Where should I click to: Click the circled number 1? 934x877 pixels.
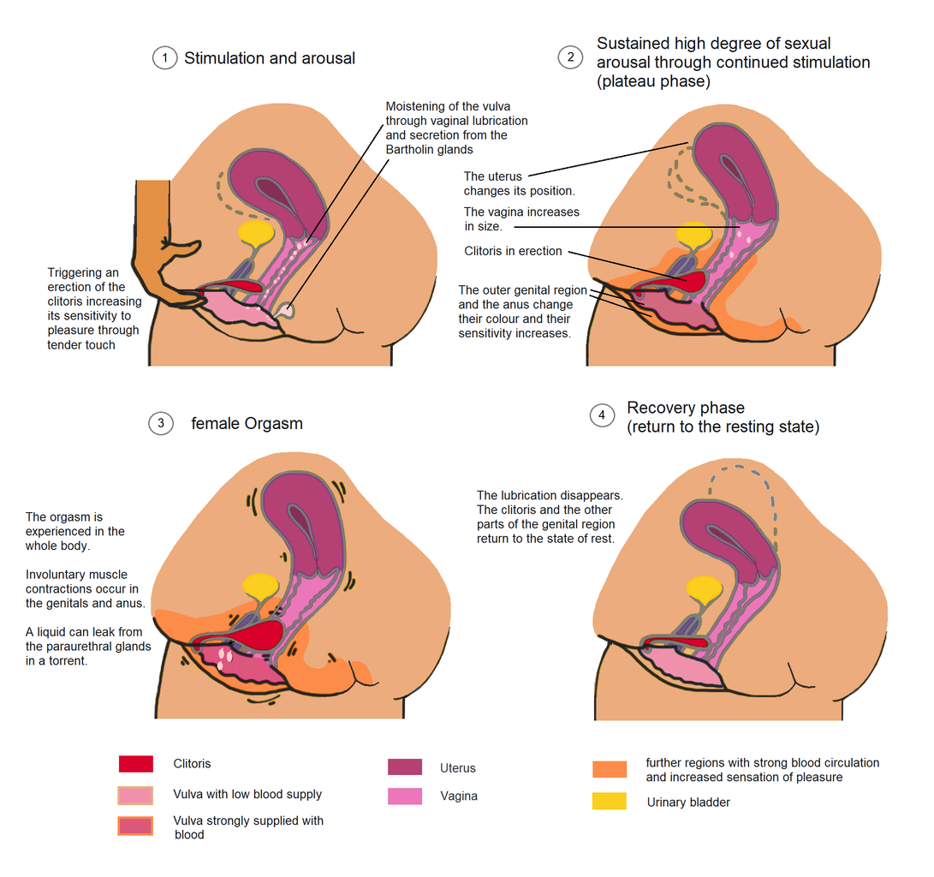[x=164, y=58]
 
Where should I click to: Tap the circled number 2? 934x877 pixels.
[x=569, y=57]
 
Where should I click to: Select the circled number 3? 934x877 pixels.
[x=160, y=423]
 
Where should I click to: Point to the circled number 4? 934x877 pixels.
[x=602, y=415]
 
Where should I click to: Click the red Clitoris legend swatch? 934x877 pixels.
[x=136, y=764]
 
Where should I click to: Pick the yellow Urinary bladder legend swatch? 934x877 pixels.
[x=609, y=802]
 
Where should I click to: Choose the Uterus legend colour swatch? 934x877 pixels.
[x=405, y=767]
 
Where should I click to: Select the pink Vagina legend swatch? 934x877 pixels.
[x=405, y=796]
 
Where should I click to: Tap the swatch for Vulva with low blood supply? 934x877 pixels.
[x=136, y=795]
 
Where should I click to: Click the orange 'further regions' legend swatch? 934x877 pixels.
[x=609, y=769]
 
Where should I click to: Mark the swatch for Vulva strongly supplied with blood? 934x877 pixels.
[x=136, y=826]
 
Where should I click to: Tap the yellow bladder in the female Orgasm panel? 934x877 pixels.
[x=262, y=585]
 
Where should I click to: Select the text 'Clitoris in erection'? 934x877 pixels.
[x=513, y=251]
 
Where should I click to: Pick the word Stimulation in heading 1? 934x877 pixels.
[x=224, y=58]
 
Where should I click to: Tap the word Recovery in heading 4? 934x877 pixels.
[x=662, y=408]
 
